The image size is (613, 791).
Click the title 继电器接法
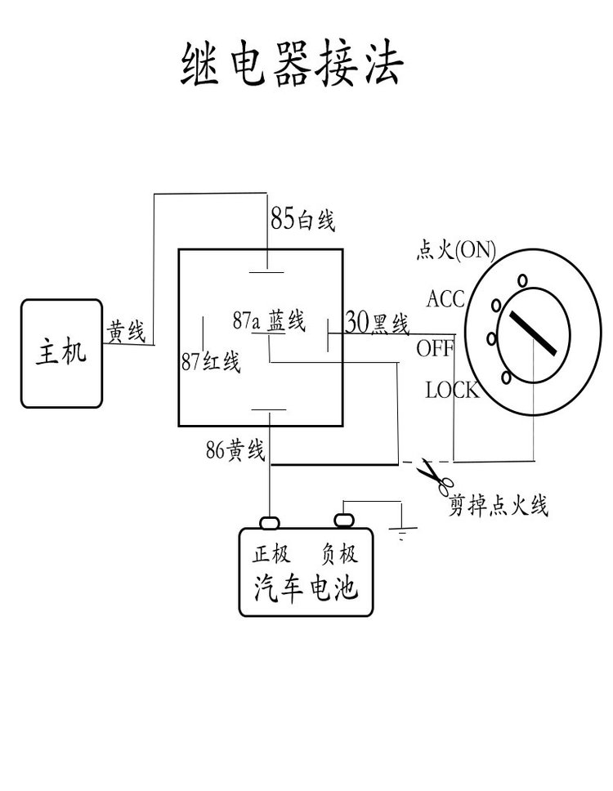tap(291, 65)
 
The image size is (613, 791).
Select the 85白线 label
tap(303, 219)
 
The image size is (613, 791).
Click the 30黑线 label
tap(377, 323)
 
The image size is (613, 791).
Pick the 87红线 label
tap(211, 362)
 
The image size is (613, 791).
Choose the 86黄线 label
tap(236, 449)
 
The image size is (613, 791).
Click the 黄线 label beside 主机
tap(125, 332)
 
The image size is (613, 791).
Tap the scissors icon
tap(432, 476)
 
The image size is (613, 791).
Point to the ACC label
tap(445, 298)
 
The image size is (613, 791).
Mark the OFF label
tap(435, 348)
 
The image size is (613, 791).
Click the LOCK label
tap(451, 390)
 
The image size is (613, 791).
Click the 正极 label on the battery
tap(271, 554)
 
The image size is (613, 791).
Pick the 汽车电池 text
tap(306, 588)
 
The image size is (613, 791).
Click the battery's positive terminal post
tap(270, 521)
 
